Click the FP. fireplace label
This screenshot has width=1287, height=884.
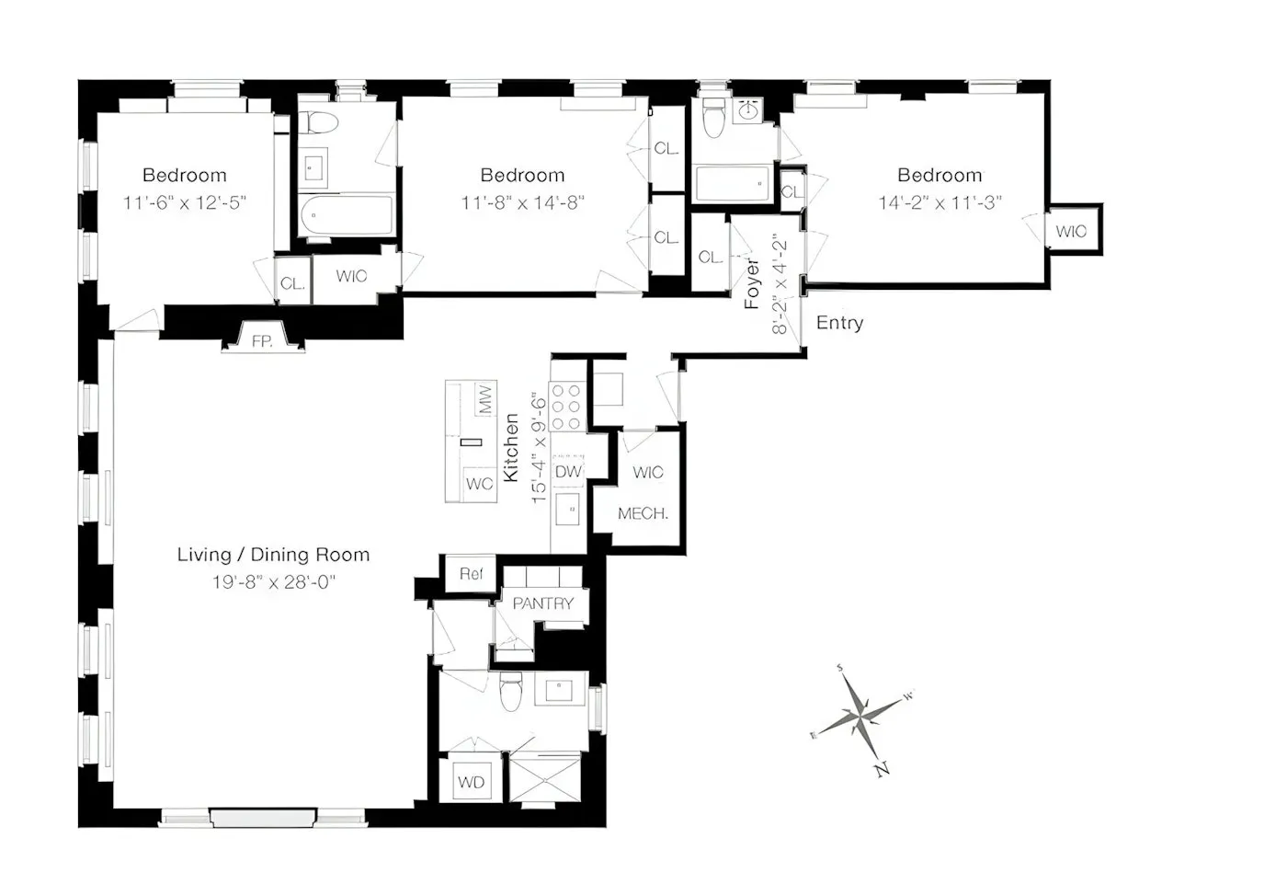(262, 341)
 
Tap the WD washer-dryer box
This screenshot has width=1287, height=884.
(471, 783)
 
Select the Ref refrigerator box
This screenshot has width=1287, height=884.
(471, 574)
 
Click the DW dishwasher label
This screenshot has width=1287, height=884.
(568, 472)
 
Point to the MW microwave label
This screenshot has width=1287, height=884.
(484, 399)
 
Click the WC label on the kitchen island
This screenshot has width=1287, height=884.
(479, 484)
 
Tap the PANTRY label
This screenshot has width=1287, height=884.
(542, 603)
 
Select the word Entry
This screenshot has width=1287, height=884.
(839, 323)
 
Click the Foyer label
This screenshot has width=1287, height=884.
(752, 283)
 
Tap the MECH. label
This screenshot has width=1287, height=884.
(643, 513)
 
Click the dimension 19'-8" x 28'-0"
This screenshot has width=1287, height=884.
(274, 582)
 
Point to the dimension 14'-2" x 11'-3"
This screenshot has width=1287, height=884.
(940, 202)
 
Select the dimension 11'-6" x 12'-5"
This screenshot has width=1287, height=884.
(185, 202)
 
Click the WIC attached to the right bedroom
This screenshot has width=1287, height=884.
(1071, 231)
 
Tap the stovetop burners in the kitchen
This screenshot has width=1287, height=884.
(568, 406)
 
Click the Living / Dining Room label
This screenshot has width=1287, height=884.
(273, 555)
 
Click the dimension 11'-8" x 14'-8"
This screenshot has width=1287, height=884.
(522, 202)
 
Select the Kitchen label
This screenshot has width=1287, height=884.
(512, 448)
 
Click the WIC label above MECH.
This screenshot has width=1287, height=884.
(647, 472)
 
